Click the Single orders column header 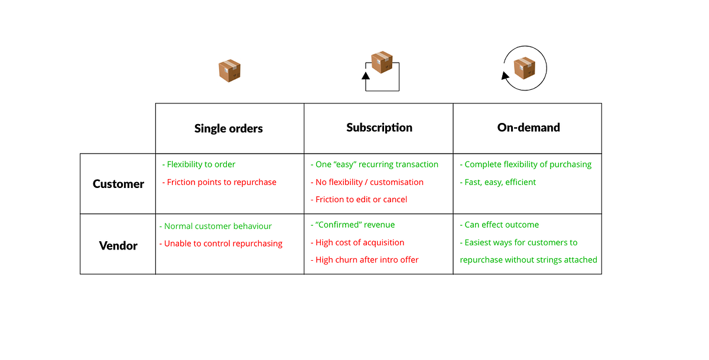tap(229, 128)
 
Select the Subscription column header tap(379, 128)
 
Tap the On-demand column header tap(528, 128)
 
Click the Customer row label tap(118, 184)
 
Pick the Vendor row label tap(118, 245)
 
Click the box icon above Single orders tap(230, 70)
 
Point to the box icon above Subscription tap(382, 63)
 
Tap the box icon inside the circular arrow tap(524, 67)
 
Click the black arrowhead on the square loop tap(366, 76)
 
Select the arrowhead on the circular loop tap(505, 75)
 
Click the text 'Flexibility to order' tap(201, 164)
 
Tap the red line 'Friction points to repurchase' tap(222, 182)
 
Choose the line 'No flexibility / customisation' tap(369, 182)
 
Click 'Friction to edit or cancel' tap(361, 199)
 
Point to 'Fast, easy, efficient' tap(500, 182)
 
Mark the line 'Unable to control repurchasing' tap(223, 244)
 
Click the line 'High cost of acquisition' tap(360, 242)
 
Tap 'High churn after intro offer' tap(367, 260)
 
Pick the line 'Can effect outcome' tap(502, 225)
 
